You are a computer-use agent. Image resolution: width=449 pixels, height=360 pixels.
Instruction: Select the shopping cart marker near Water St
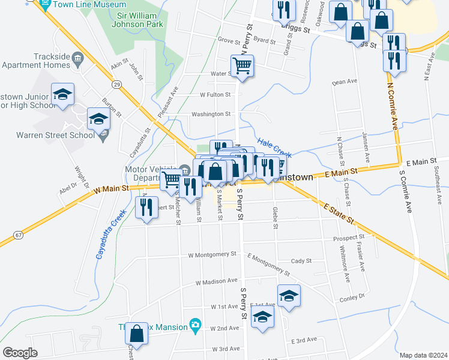click(x=243, y=66)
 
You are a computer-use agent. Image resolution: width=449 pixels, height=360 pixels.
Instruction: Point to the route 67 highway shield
click(x=19, y=234)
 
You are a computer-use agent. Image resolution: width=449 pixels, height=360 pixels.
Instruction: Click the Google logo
click(x=20, y=352)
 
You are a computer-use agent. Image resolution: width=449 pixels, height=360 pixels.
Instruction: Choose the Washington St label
click(x=211, y=114)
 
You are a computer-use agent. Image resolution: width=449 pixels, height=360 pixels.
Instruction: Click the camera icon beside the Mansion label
click(x=194, y=325)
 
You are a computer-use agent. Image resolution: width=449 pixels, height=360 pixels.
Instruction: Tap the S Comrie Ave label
click(x=409, y=191)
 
